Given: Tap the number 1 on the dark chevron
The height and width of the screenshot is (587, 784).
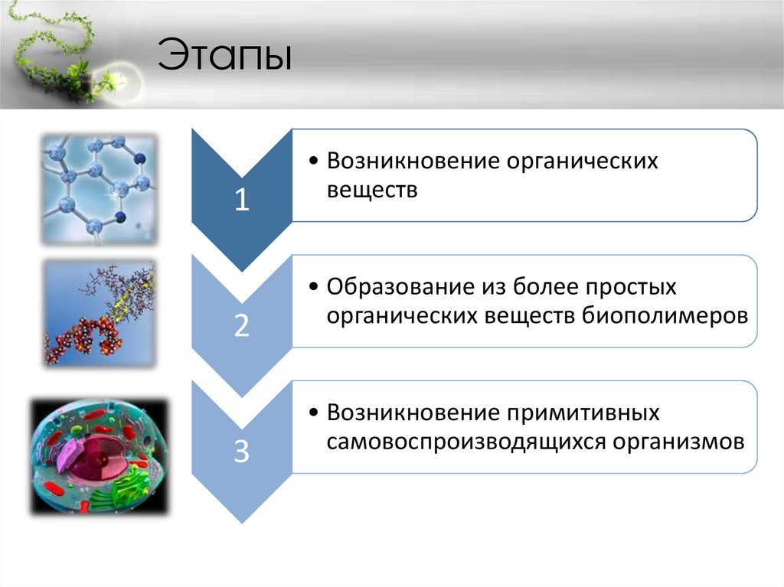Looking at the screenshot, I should [241, 201].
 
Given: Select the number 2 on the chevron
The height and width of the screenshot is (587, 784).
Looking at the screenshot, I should [241, 326].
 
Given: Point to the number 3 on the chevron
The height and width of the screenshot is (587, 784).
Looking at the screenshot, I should [241, 452].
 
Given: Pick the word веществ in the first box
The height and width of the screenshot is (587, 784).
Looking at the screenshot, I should [372, 190].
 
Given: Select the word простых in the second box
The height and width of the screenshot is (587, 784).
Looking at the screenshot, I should [631, 288].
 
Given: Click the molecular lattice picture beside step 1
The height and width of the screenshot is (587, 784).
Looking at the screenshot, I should [98, 188].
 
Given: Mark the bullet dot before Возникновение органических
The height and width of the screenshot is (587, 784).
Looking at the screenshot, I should [315, 162].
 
